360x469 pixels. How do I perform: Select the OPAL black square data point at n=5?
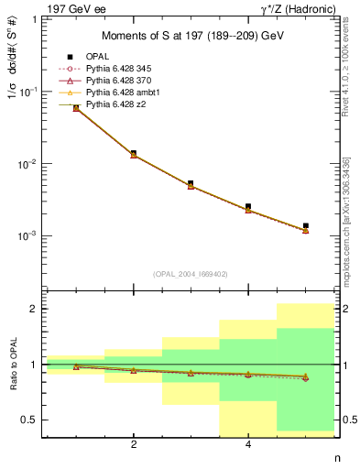coord(305,225)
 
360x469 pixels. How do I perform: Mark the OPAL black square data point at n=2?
coord(134,153)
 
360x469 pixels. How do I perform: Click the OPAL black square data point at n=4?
coord(248,207)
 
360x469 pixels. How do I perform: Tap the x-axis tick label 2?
coord(134,445)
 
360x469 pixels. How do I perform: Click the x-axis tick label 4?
coord(248,445)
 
